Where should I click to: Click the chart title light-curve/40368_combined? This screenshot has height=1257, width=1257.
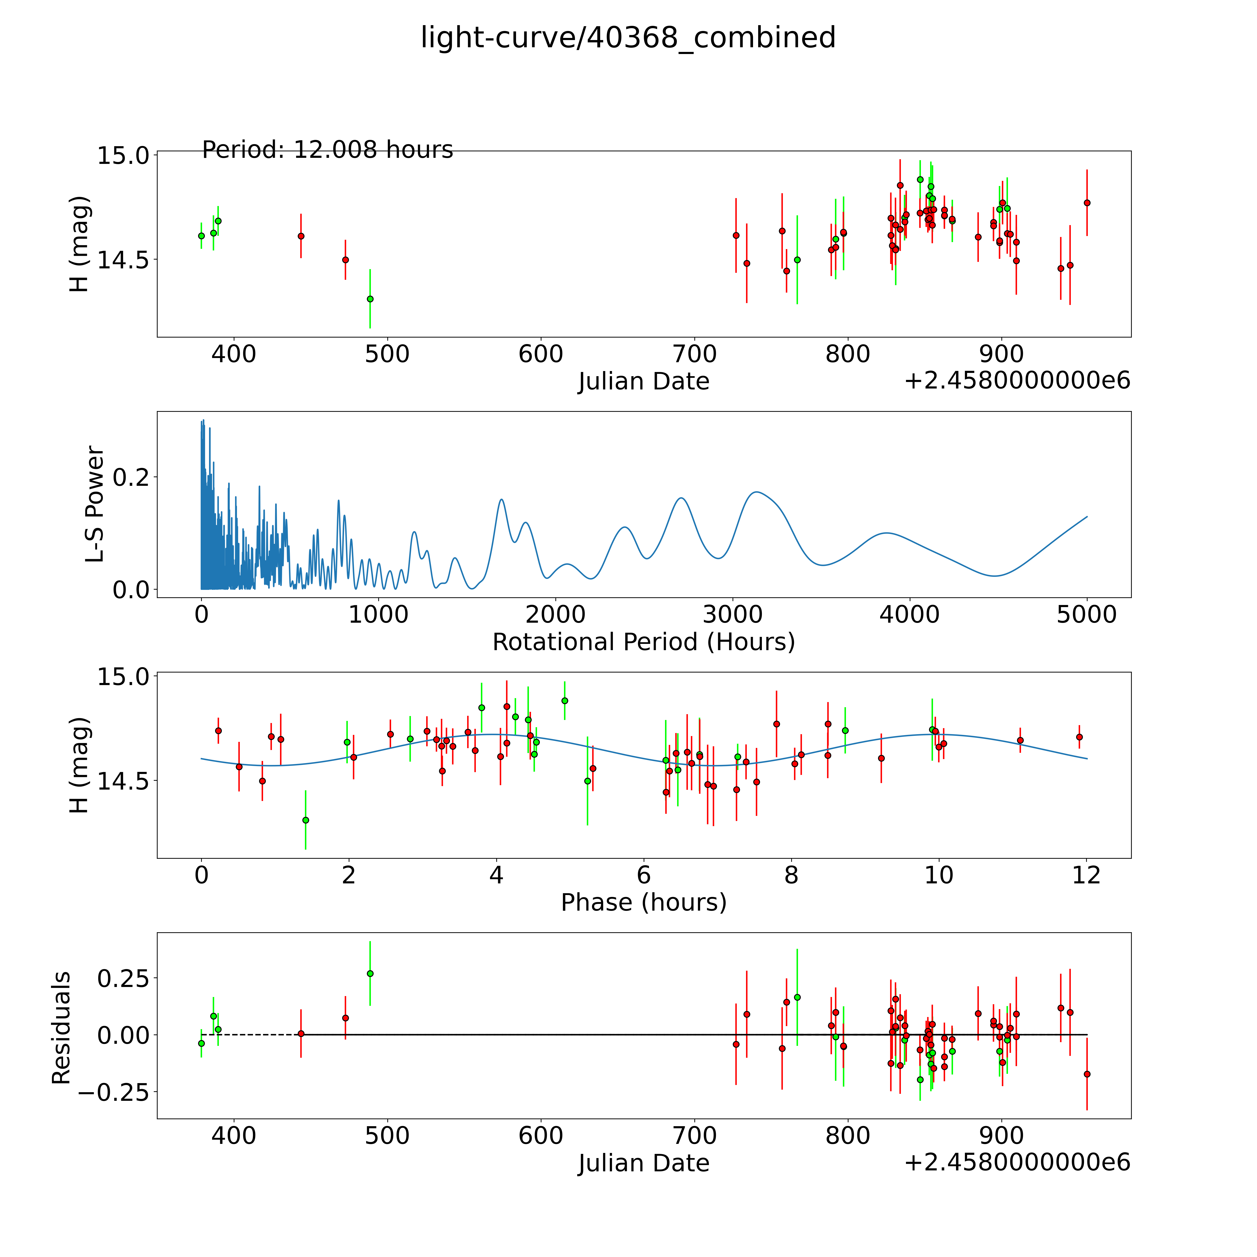click(x=628, y=38)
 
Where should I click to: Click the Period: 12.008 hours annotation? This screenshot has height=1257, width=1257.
click(x=327, y=150)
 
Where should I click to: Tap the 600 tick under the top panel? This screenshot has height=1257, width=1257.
click(x=541, y=355)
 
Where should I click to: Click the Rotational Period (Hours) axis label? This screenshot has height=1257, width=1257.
click(x=643, y=642)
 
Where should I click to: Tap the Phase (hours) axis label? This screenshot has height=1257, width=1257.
click(x=643, y=902)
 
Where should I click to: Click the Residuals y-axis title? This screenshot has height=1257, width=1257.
click(x=61, y=1028)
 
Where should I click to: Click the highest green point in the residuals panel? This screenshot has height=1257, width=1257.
click(x=370, y=973)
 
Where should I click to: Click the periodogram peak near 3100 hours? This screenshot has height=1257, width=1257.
click(x=755, y=492)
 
